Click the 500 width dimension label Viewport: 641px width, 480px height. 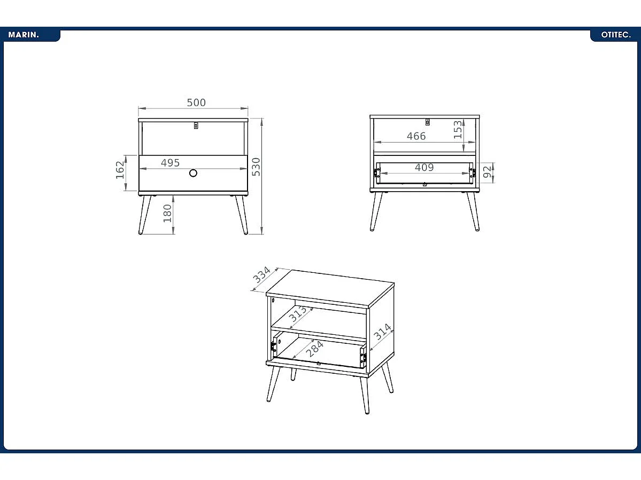[196, 103]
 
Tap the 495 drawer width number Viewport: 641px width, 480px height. [170, 163]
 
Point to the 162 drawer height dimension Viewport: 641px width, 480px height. [120, 170]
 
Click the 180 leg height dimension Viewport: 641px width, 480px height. [167, 213]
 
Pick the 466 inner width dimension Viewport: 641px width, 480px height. [416, 136]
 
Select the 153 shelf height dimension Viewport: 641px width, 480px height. [458, 130]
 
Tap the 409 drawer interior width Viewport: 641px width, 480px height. [424, 168]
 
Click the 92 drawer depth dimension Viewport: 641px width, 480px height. [487, 172]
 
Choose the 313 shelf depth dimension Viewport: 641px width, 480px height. [298, 314]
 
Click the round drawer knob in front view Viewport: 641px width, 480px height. [193, 173]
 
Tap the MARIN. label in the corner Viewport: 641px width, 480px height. [24, 35]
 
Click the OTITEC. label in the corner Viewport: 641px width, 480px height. [616, 35]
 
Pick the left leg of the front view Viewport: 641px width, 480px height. [144, 215]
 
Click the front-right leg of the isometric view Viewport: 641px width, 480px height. [365, 395]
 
